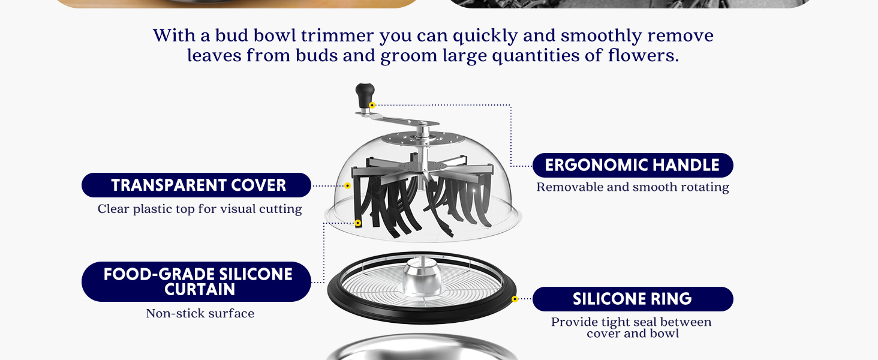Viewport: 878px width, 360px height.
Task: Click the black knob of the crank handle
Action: point(365,95)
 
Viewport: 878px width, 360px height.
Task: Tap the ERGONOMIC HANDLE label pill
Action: point(633,165)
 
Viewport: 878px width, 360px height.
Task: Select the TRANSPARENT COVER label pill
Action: point(196,185)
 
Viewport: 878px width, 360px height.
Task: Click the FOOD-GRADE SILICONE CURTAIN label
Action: point(196,281)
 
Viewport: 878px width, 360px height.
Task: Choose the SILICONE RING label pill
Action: point(633,299)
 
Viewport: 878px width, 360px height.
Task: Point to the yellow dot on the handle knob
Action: point(372,105)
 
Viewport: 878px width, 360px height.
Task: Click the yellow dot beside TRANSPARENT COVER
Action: point(347,185)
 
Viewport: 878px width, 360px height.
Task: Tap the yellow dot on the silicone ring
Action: point(515,299)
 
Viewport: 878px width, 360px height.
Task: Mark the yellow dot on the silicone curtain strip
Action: point(358,223)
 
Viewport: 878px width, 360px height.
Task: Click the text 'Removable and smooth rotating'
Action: point(633,187)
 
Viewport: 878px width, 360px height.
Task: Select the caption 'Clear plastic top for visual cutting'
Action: point(200,209)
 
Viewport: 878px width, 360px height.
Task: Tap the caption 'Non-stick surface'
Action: point(200,313)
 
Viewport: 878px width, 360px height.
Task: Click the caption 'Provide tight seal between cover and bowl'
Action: point(631,328)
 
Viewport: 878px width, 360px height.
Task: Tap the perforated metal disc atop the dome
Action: point(423,139)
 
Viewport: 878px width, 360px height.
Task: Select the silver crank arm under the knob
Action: point(396,118)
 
